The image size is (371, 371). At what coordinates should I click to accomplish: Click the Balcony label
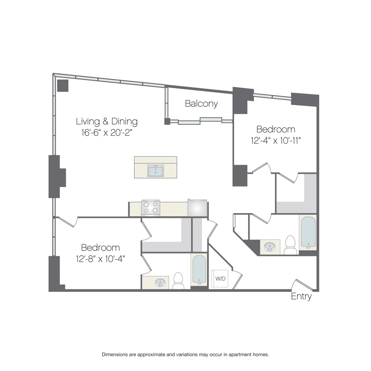pos(201,103)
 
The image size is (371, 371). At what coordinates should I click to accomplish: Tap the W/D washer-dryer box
pos(220,279)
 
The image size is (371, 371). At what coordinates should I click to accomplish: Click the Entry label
pos(301,296)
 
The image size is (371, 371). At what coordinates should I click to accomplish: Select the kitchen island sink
pos(155,171)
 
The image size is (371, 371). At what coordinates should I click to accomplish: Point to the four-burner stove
pos(151,208)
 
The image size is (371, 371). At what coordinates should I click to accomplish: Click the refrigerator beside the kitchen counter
pos(197,208)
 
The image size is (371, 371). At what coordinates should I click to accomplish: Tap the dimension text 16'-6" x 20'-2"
pos(106,132)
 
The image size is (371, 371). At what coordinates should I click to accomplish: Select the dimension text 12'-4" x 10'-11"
pos(276,141)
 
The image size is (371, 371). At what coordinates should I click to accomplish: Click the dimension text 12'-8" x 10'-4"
pos(100,259)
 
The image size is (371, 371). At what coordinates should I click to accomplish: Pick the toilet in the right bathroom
pos(291,245)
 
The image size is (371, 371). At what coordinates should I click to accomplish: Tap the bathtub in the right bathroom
pos(308,232)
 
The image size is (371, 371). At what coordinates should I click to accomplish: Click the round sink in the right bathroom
pos(270,247)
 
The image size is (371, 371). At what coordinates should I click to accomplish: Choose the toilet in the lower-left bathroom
pos(178,281)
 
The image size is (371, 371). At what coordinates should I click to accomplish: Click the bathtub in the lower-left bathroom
pos(199,269)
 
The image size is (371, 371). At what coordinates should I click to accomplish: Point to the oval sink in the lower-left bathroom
pos(160,282)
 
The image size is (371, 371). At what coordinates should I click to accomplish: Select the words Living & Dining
pos(107,121)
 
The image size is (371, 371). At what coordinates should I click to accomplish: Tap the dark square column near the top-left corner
pos(63,86)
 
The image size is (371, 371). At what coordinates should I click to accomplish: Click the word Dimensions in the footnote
pos(115,355)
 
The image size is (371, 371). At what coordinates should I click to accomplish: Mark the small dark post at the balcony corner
pos(167,121)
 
